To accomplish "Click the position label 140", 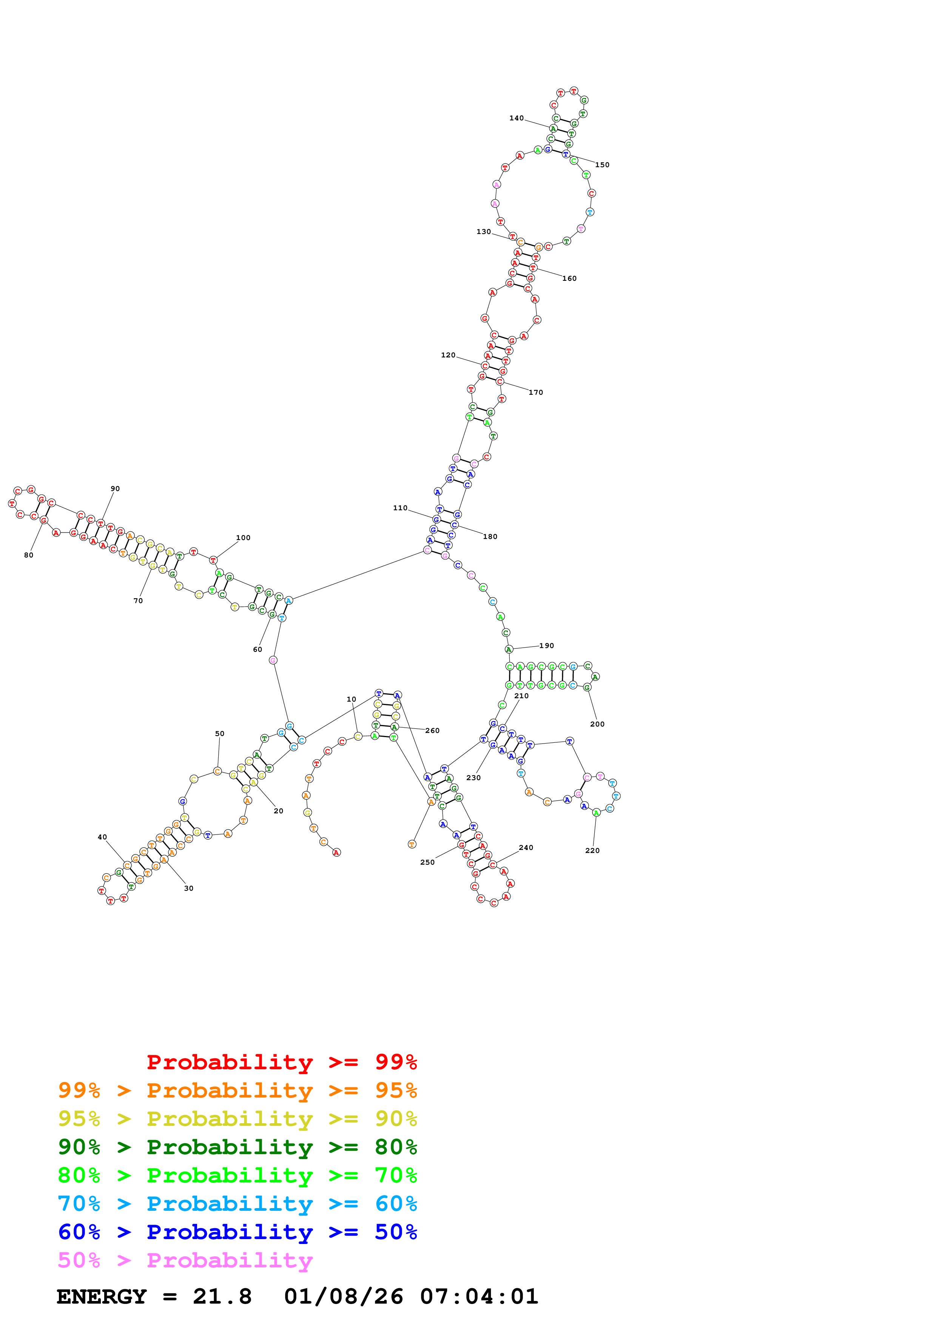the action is click(516, 118).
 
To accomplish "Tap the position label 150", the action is click(602, 165).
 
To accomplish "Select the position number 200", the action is click(597, 724).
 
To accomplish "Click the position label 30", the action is click(188, 888).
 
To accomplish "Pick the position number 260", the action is click(433, 731).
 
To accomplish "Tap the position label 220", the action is click(592, 851).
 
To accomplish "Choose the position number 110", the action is click(400, 508).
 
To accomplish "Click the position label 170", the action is click(536, 393).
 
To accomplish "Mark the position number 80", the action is click(29, 555).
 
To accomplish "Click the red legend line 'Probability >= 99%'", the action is click(281, 1062).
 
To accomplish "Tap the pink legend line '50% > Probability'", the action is click(185, 1261).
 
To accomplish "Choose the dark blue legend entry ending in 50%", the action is click(237, 1232).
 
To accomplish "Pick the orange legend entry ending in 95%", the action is click(237, 1090).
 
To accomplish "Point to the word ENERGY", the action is click(102, 1296).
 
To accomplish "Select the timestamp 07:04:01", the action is click(479, 1296).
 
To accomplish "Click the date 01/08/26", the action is click(343, 1296).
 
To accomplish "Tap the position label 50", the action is click(220, 734).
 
